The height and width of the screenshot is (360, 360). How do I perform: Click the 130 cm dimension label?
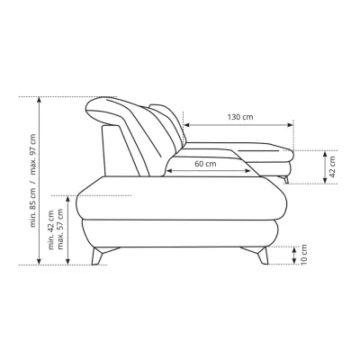[x=240, y=117]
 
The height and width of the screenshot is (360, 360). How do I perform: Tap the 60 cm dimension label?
[x=205, y=164]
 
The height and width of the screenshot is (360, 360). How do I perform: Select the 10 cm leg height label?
[x=304, y=255]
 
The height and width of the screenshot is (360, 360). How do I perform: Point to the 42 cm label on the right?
[x=332, y=166]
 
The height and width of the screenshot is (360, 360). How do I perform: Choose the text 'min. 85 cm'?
[x=33, y=207]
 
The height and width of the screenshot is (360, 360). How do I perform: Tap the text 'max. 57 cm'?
[x=60, y=229]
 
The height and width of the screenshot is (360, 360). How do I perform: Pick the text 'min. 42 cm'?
[x=51, y=229]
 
